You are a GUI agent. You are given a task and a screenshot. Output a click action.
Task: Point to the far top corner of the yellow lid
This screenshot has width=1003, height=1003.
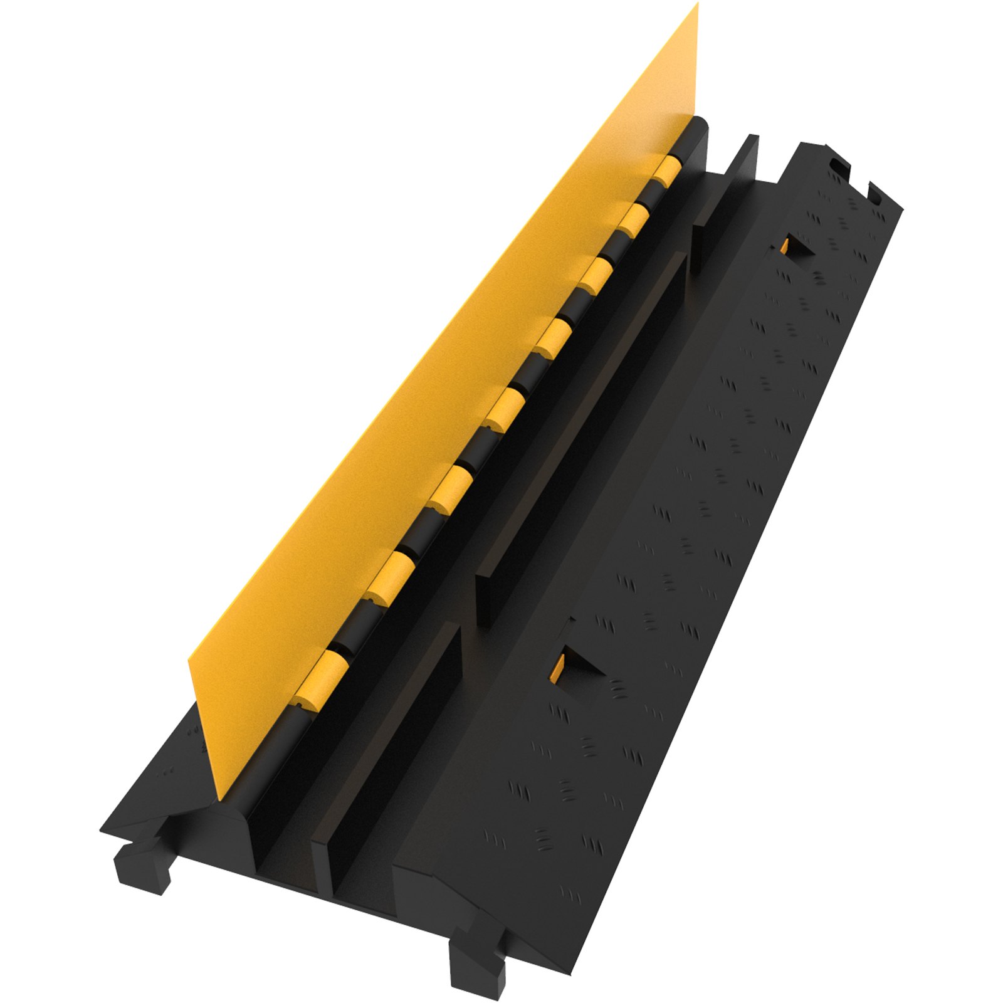pyautogui.click(x=697, y=5)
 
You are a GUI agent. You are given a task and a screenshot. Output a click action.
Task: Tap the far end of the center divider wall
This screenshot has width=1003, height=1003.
pyautogui.click(x=749, y=150)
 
